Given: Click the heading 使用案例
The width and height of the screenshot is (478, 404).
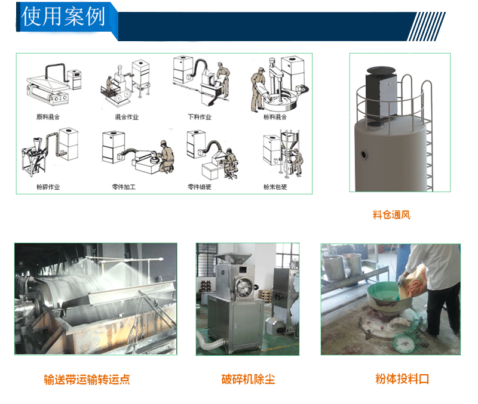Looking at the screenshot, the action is [x=63, y=16].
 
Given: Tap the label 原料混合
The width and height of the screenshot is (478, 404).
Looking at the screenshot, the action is [x=48, y=117].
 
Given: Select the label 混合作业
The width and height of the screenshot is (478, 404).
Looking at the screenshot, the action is [x=127, y=117].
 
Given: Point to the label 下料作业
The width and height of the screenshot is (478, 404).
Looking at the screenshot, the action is [x=200, y=117].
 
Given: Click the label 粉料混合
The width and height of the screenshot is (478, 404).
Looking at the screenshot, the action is [x=275, y=117].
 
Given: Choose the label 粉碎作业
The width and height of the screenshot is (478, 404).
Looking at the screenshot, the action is [x=48, y=187].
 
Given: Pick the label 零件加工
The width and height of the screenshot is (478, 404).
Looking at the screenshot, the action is [x=124, y=187].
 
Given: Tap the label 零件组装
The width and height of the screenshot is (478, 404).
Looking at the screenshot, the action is [x=200, y=187].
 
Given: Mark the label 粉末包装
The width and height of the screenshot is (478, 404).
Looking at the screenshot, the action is [x=275, y=187].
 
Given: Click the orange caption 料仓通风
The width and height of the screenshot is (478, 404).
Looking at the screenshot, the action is [x=391, y=215].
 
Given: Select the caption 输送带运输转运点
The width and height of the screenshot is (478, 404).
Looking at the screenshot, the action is [x=87, y=380].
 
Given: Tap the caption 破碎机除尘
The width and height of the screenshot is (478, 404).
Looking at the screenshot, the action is [x=248, y=380].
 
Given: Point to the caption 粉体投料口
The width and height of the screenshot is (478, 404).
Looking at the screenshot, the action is [x=402, y=379].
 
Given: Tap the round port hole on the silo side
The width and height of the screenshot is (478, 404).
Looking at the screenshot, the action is [x=364, y=155].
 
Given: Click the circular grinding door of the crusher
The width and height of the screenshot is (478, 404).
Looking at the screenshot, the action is [x=243, y=286].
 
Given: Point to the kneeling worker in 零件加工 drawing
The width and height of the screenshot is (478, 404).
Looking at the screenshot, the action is [x=167, y=156].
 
